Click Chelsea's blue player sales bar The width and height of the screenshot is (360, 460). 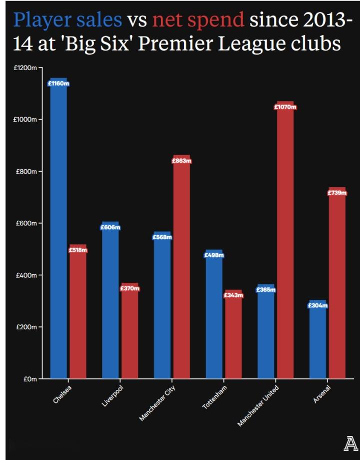[x=58, y=230]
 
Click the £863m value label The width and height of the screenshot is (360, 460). [x=181, y=161]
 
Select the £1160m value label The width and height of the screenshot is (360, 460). [x=58, y=84]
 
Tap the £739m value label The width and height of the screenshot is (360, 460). [x=337, y=193]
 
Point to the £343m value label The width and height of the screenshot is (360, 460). [x=233, y=295]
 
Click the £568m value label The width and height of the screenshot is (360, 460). [x=162, y=237]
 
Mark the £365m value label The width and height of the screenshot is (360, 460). [x=265, y=290]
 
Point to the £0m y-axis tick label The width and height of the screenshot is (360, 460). [x=29, y=379]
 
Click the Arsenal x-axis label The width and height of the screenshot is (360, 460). [x=322, y=394]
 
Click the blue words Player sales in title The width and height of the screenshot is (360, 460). [x=68, y=21]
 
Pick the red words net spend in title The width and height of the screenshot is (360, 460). [x=198, y=21]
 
